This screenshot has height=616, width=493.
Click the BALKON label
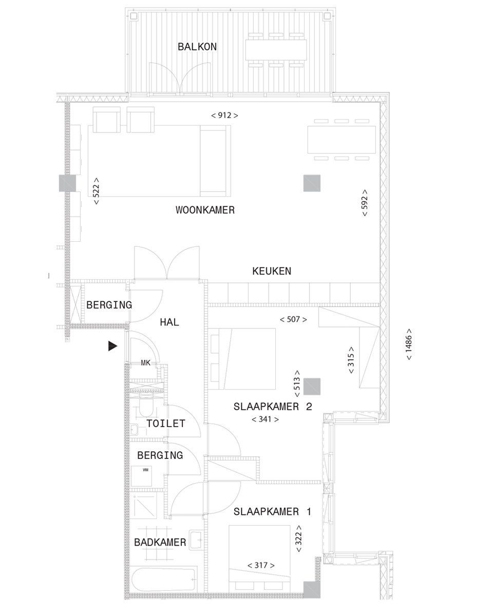(197, 47)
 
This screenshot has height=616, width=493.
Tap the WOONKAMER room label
(205, 210)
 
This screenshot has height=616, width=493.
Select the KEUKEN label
(271, 271)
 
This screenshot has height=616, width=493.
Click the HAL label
(169, 322)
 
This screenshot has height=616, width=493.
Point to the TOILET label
(165, 423)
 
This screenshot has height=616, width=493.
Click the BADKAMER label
(160, 542)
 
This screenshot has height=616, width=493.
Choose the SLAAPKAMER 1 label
(272, 511)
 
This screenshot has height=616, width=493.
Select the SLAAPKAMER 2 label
(273, 407)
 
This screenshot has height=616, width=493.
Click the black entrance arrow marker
(112, 346)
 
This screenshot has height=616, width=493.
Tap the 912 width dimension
(224, 115)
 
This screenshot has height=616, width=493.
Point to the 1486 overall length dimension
(408, 344)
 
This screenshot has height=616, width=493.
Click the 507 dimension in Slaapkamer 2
(293, 319)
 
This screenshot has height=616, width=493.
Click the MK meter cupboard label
(145, 363)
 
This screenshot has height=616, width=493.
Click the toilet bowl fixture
(146, 407)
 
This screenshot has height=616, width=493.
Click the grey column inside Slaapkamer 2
(312, 387)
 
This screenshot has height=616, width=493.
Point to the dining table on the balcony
(276, 50)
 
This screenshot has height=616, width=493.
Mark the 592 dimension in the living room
(365, 203)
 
